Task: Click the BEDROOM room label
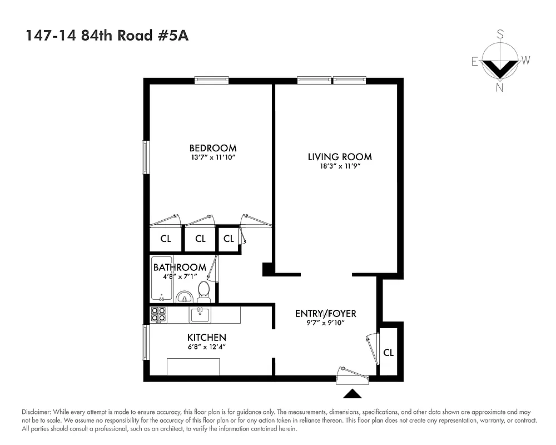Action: [212, 148]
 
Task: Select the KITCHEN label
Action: [206, 337]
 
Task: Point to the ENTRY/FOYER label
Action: [325, 314]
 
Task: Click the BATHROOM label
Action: [180, 267]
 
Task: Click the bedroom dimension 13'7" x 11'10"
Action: [212, 158]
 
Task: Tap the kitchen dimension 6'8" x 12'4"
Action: [206, 347]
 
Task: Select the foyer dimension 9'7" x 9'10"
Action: [325, 323]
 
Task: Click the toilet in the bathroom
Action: [203, 291]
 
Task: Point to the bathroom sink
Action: [183, 298]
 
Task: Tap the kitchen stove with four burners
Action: [158, 315]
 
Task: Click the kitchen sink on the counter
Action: [200, 315]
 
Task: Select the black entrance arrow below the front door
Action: [352, 394]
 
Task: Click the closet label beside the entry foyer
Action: [389, 353]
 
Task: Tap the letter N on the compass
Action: [500, 87]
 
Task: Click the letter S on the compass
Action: [500, 34]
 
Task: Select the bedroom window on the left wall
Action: [146, 157]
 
